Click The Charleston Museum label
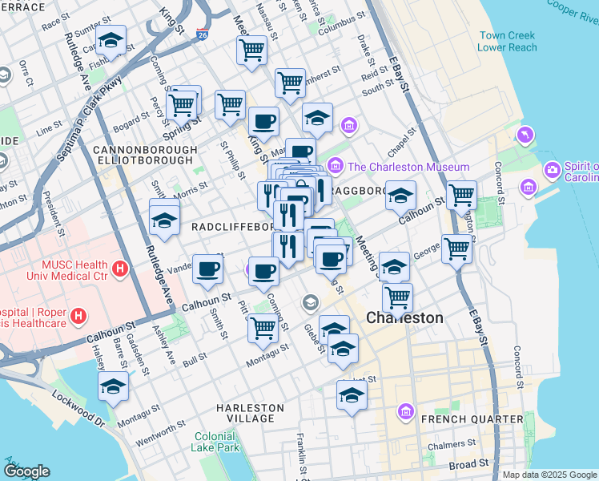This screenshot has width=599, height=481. [408, 167]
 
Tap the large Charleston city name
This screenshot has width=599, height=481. [404, 317]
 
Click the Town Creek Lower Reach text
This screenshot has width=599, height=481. [508, 41]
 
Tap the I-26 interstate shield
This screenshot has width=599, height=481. [202, 34]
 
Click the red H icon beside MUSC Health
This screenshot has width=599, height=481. [121, 268]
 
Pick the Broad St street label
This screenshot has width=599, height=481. [468, 464]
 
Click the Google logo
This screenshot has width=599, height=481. [26, 471]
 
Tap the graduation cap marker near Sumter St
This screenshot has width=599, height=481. [113, 40]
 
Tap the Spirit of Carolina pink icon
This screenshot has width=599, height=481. [552, 170]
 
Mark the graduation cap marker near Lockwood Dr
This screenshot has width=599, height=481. [114, 387]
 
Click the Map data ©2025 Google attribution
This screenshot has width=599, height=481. [549, 475]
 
